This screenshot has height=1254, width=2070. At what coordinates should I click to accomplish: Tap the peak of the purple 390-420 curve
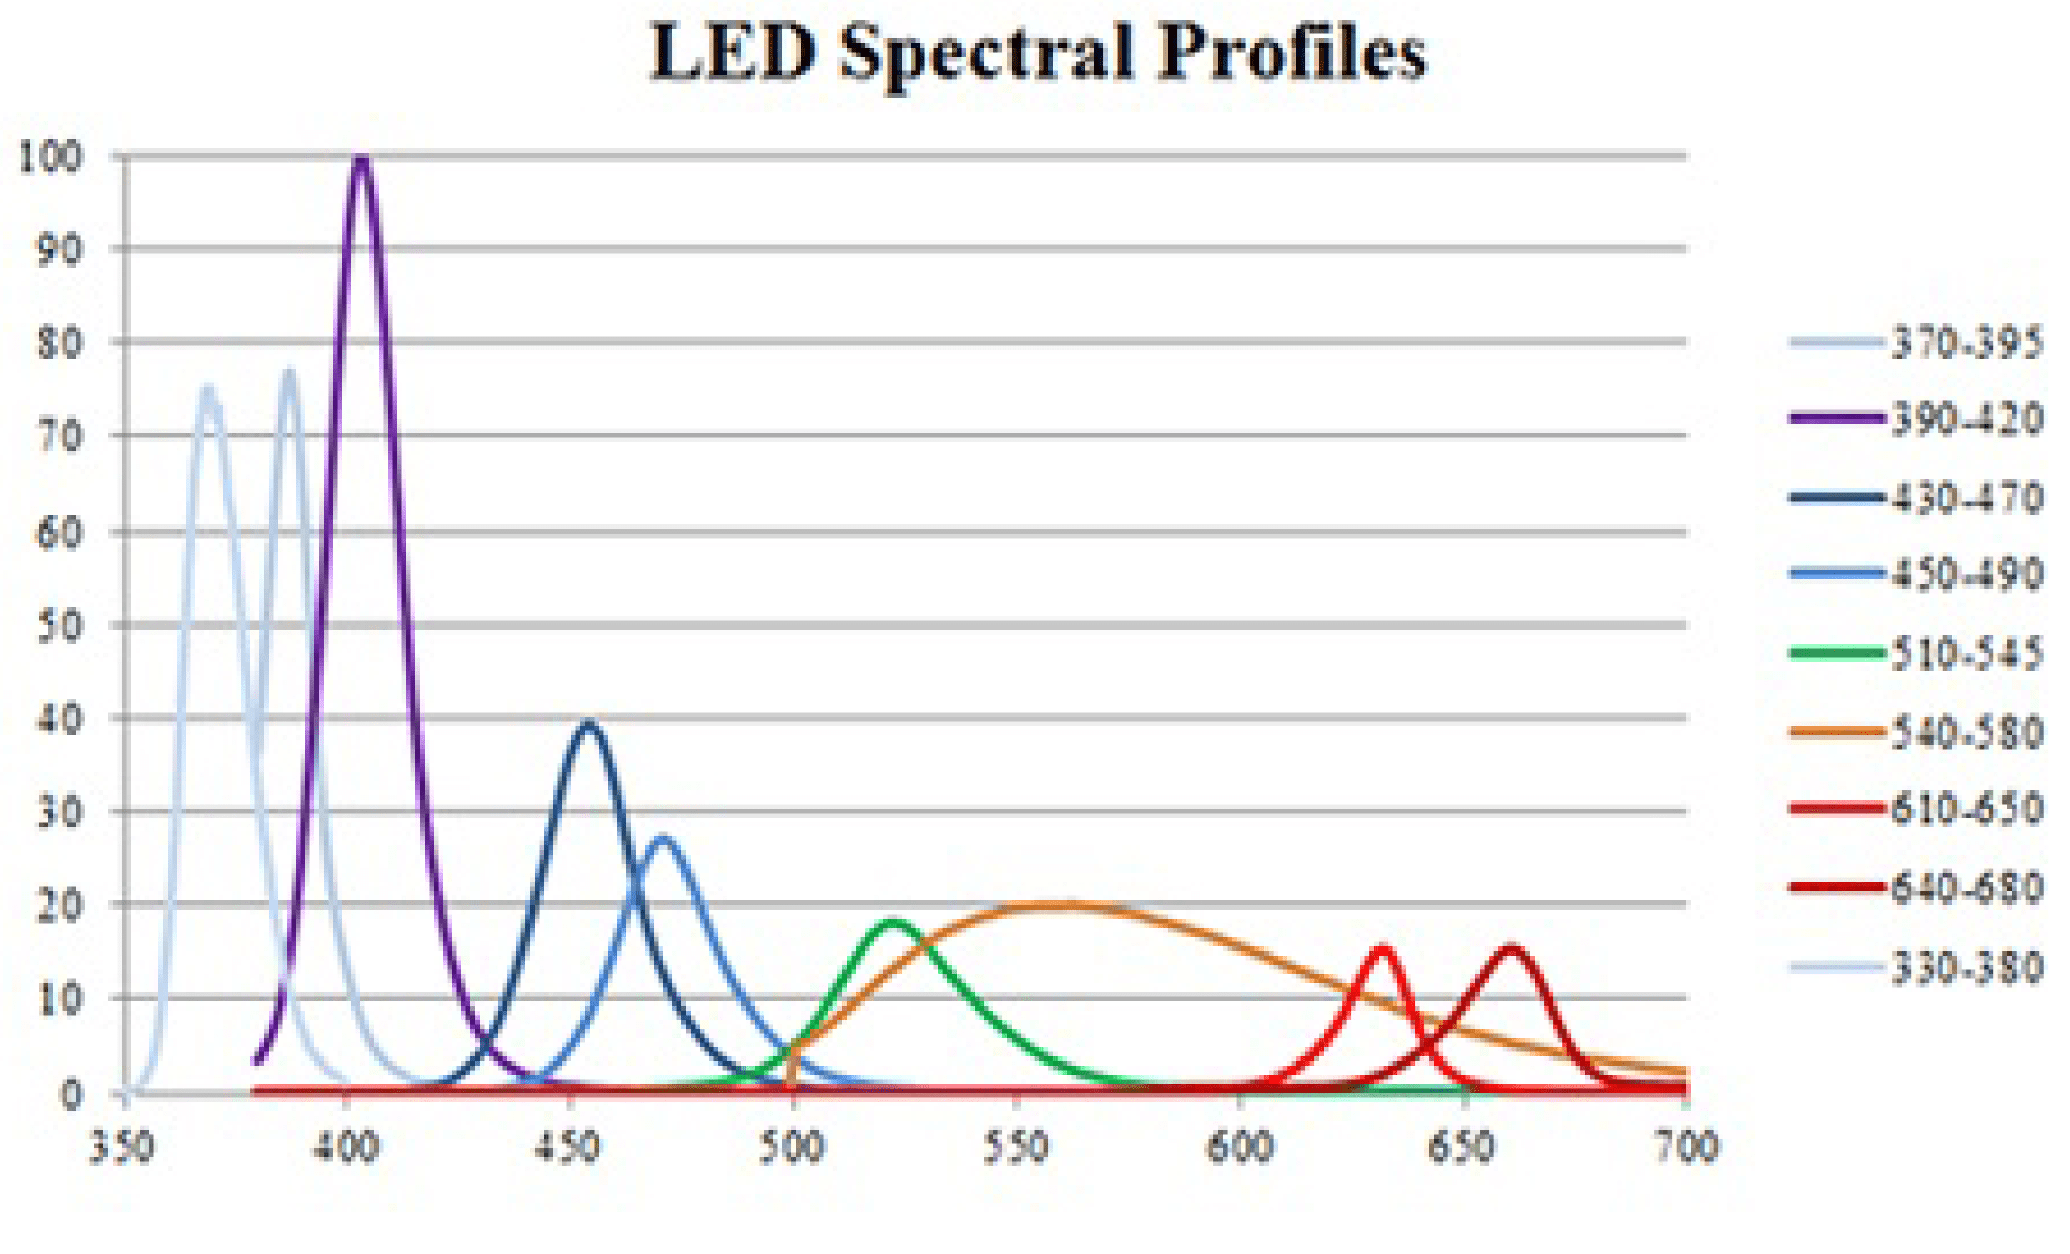pyautogui.click(x=361, y=159)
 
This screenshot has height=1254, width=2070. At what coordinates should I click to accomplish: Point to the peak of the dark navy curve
pyautogui.click(x=589, y=724)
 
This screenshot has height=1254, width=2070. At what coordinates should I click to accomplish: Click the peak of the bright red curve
pyautogui.click(x=1383, y=949)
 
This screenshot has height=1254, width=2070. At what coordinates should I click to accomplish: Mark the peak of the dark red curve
pyautogui.click(x=1511, y=949)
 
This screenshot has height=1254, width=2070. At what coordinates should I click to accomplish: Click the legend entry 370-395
pyautogui.click(x=1966, y=343)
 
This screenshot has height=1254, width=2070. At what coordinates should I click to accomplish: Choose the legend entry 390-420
pyautogui.click(x=1966, y=419)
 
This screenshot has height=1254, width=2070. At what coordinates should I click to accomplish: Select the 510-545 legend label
pyautogui.click(x=1966, y=654)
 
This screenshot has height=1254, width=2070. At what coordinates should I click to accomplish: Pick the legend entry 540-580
pyautogui.click(x=1966, y=732)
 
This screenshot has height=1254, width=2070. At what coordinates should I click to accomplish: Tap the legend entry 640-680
pyautogui.click(x=1966, y=888)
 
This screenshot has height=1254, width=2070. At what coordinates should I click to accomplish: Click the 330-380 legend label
pyautogui.click(x=1966, y=967)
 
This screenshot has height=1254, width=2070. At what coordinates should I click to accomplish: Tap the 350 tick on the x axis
pyautogui.click(x=123, y=1148)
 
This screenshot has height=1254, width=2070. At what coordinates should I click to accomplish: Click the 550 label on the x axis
pyautogui.click(x=1017, y=1148)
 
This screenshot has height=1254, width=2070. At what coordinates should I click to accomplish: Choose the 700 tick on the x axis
pyautogui.click(x=1687, y=1148)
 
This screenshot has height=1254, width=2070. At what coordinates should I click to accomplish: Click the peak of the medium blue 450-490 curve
pyautogui.click(x=664, y=839)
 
